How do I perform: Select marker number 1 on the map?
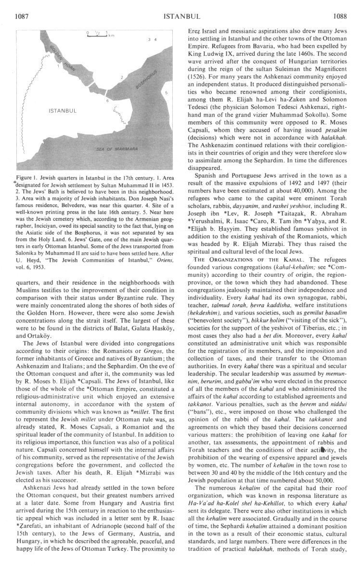coord(58,67)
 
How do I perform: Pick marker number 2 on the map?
coord(122,77)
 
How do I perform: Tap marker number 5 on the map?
coord(166,92)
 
